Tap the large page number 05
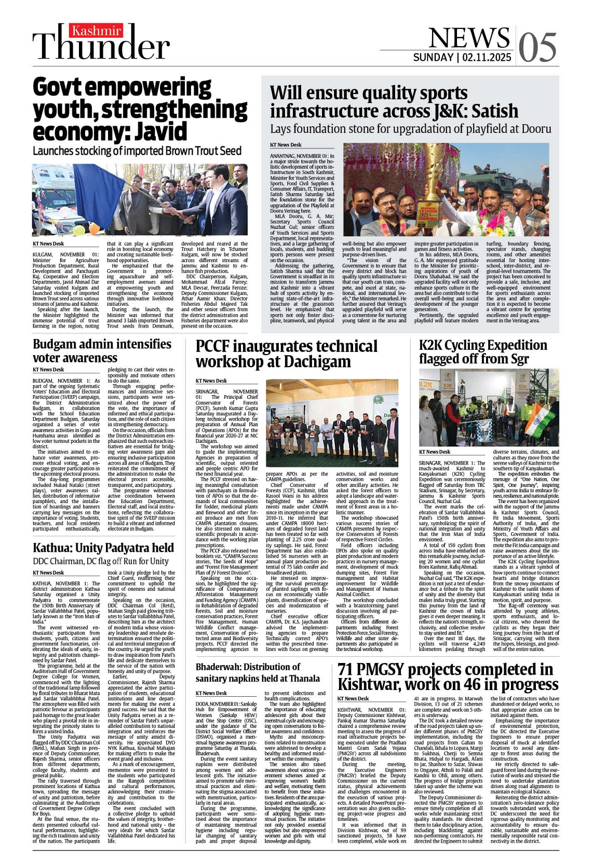pos(538,48)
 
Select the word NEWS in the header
pos(469,37)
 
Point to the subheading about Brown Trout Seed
pos(137,151)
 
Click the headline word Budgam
pos(55,344)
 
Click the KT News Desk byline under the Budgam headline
pos(48,370)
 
